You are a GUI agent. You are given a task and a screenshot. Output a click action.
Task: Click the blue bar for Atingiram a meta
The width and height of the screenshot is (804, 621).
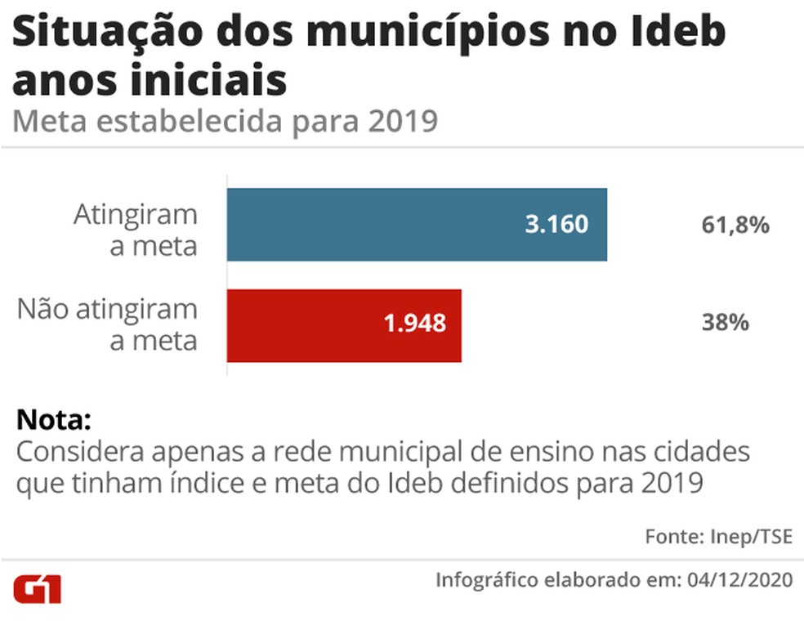417,225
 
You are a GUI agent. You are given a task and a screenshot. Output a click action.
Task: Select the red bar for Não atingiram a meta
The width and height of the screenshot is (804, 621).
344,325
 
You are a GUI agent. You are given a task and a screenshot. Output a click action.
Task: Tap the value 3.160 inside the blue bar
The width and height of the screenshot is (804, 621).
556,225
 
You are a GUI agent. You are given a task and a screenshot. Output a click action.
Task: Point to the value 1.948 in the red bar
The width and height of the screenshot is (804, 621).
415,323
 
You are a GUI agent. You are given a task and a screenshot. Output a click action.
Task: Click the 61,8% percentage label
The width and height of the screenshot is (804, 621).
735,226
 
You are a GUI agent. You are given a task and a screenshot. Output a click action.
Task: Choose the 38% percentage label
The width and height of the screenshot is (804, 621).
726,323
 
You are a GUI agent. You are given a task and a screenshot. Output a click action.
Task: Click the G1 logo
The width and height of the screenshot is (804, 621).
38,588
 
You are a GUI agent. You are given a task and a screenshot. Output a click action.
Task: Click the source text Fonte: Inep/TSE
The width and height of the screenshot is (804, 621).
718,537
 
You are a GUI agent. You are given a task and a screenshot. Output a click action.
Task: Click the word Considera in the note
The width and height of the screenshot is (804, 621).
79,452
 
